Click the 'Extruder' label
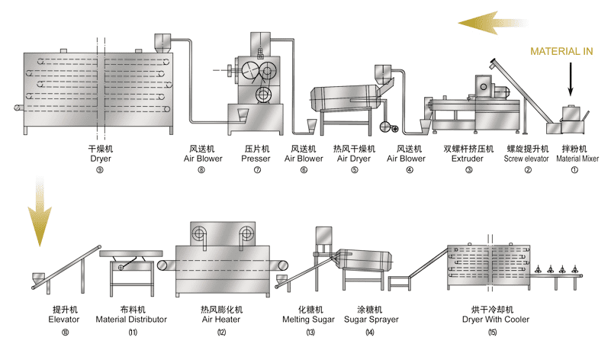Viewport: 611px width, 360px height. [x=468, y=159]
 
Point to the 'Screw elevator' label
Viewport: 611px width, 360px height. [x=527, y=159]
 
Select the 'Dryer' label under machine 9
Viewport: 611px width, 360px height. [x=101, y=159]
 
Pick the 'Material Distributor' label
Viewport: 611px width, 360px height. [x=132, y=320]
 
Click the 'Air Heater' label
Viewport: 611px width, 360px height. [x=220, y=320]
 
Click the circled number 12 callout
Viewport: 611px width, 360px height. [x=220, y=333]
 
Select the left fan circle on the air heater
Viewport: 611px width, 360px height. [x=200, y=234]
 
